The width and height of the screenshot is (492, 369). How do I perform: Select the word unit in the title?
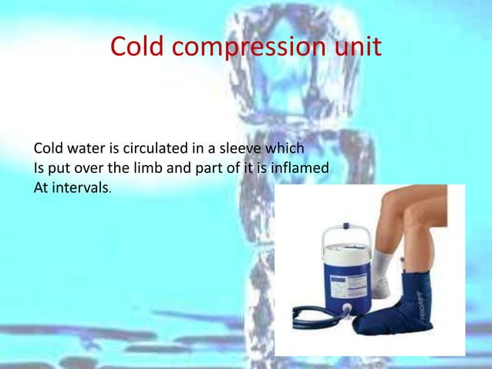pyautogui.click(x=355, y=47)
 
